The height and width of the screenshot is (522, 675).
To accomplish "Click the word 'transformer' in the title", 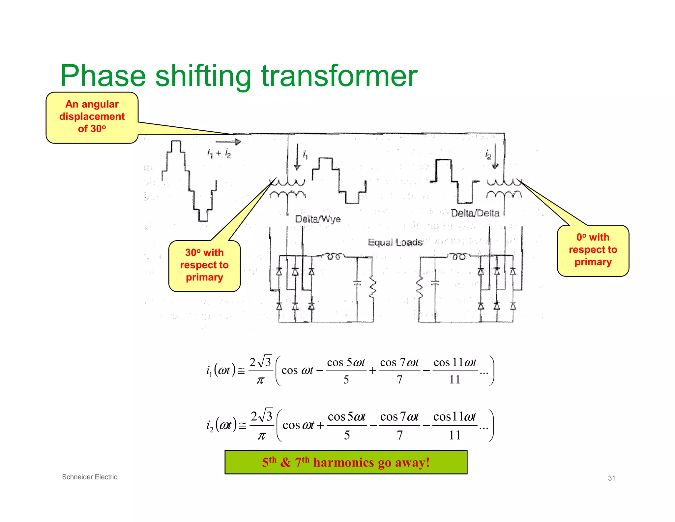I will pos(339,76).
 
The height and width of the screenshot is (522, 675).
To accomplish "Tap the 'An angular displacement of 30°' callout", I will pos(92,117).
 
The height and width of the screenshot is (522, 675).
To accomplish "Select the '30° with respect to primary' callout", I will pos(204,265).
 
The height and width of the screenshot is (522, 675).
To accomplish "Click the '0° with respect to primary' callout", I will pos(593,250).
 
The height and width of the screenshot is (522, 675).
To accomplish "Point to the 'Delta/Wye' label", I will pos(318,219).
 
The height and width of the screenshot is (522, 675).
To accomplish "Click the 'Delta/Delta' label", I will pos(475,213).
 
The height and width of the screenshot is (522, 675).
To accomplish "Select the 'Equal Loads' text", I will pos(395,243).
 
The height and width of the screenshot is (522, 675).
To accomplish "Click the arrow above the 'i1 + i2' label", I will pos(228,142).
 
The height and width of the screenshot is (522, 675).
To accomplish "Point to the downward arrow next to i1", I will pos(297,157).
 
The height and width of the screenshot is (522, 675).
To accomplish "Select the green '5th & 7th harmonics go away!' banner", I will pos(346,462).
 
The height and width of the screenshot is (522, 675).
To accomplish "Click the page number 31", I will pos(611,478).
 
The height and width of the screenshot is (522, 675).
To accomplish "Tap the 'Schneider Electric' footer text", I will pos(90,477).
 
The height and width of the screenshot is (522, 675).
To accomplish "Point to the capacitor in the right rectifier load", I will pos(435,283).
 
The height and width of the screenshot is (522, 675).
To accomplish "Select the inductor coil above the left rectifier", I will pos(333,256).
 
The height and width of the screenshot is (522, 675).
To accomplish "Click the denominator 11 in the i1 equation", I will pos(455,380).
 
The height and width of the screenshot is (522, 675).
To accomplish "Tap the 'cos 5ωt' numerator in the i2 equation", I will pos(346,417).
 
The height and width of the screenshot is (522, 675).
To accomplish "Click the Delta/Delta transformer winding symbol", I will pos(504,188).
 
